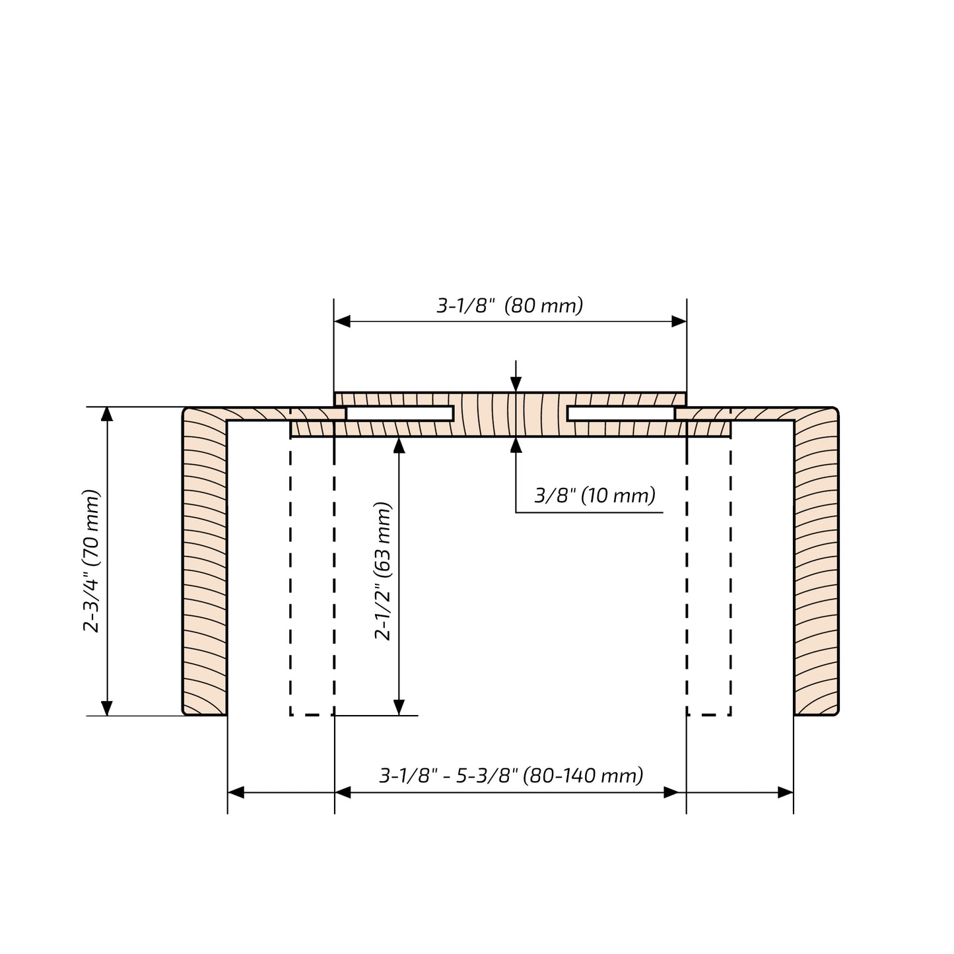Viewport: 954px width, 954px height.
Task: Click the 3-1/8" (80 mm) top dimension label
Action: [510, 306]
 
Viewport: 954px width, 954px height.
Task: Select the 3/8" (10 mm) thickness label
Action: [594, 495]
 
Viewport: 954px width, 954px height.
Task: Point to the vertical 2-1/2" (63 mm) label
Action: [383, 572]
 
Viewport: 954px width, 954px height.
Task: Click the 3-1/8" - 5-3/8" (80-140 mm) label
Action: [511, 775]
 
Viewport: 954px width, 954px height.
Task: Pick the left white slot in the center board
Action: [399, 414]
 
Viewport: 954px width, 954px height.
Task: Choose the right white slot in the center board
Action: [621, 414]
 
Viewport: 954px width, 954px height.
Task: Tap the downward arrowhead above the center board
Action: [516, 385]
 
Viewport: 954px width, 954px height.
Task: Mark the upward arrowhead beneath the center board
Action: [516, 444]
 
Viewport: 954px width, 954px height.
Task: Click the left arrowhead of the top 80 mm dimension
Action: [342, 322]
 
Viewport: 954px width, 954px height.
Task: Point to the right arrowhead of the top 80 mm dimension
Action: [679, 322]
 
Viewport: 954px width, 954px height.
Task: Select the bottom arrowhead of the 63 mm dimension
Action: [398, 708]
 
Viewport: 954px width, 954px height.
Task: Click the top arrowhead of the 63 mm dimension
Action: [398, 445]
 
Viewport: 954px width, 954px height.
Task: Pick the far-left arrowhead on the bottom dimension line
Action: [236, 792]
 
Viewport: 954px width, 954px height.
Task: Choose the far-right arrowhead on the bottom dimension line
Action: [786, 792]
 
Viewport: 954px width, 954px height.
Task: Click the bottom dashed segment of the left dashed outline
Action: [312, 715]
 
